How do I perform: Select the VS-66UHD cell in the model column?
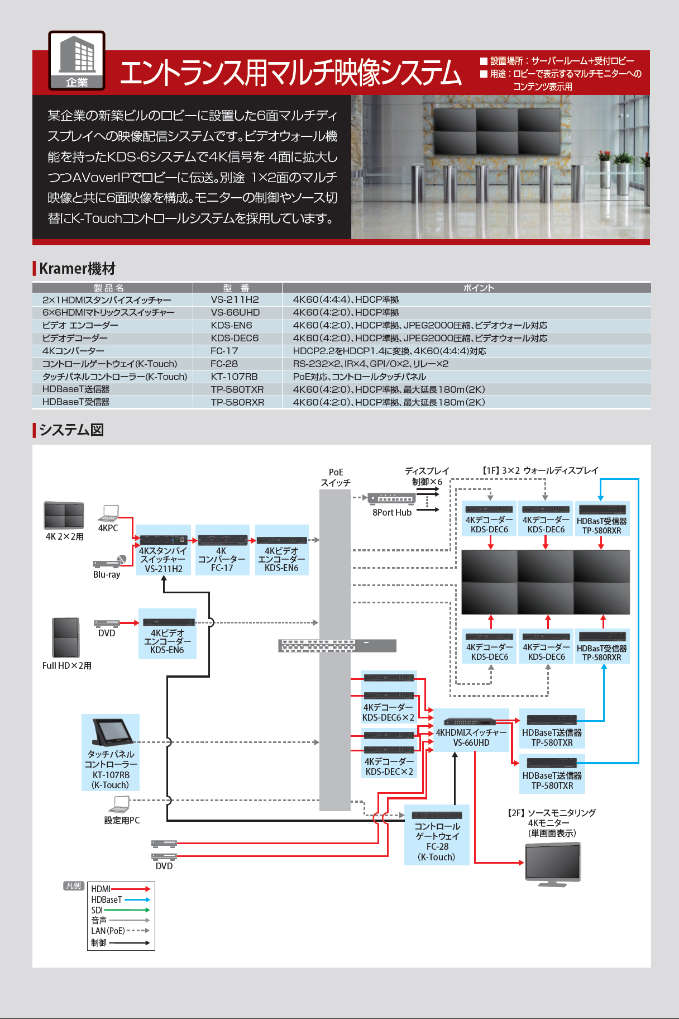pyautogui.click(x=235, y=312)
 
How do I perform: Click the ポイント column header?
pyautogui.click(x=479, y=288)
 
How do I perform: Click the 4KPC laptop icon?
pyautogui.click(x=108, y=513)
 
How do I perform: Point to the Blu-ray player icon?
pyautogui.click(x=109, y=561)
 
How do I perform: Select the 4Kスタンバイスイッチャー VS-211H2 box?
pyautogui.click(x=164, y=550)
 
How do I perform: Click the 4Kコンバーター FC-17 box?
pyautogui.click(x=222, y=550)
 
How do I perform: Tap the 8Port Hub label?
pyautogui.click(x=392, y=512)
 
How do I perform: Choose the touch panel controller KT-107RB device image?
pyautogui.click(x=112, y=732)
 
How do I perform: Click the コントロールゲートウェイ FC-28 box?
pyautogui.click(x=437, y=835)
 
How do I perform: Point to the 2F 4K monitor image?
pyautogui.click(x=553, y=864)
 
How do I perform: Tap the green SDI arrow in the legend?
pyautogui.click(x=127, y=910)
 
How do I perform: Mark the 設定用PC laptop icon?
pyautogui.click(x=119, y=805)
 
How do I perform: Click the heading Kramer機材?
pyautogui.click(x=77, y=269)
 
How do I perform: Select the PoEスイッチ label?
pyautogui.click(x=336, y=477)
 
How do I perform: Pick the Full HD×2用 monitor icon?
pyautogui.click(x=66, y=637)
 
